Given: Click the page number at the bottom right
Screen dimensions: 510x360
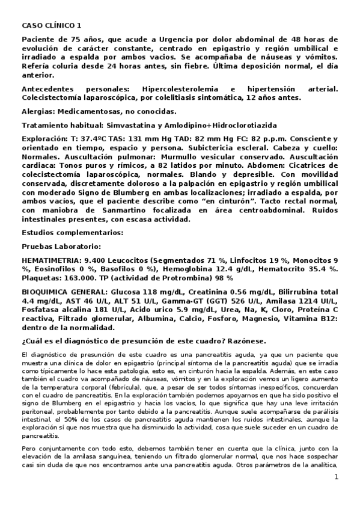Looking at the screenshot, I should click(337, 494).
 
